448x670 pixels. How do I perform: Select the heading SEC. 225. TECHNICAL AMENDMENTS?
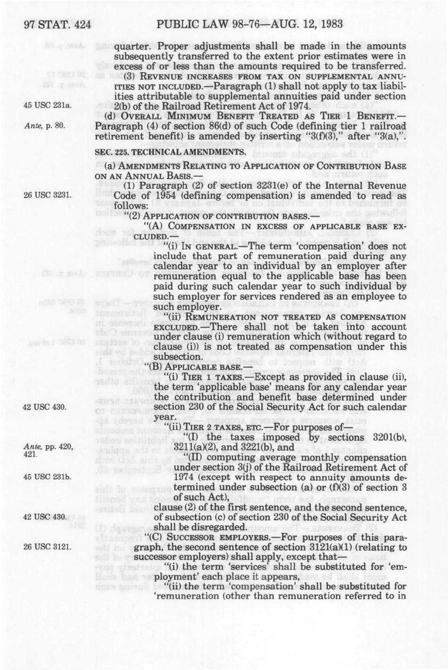point(171,152)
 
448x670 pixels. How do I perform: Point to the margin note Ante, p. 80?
point(44,126)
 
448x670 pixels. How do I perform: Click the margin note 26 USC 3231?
point(47,195)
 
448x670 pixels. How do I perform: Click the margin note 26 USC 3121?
point(47,547)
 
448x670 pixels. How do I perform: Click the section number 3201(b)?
point(390,437)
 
